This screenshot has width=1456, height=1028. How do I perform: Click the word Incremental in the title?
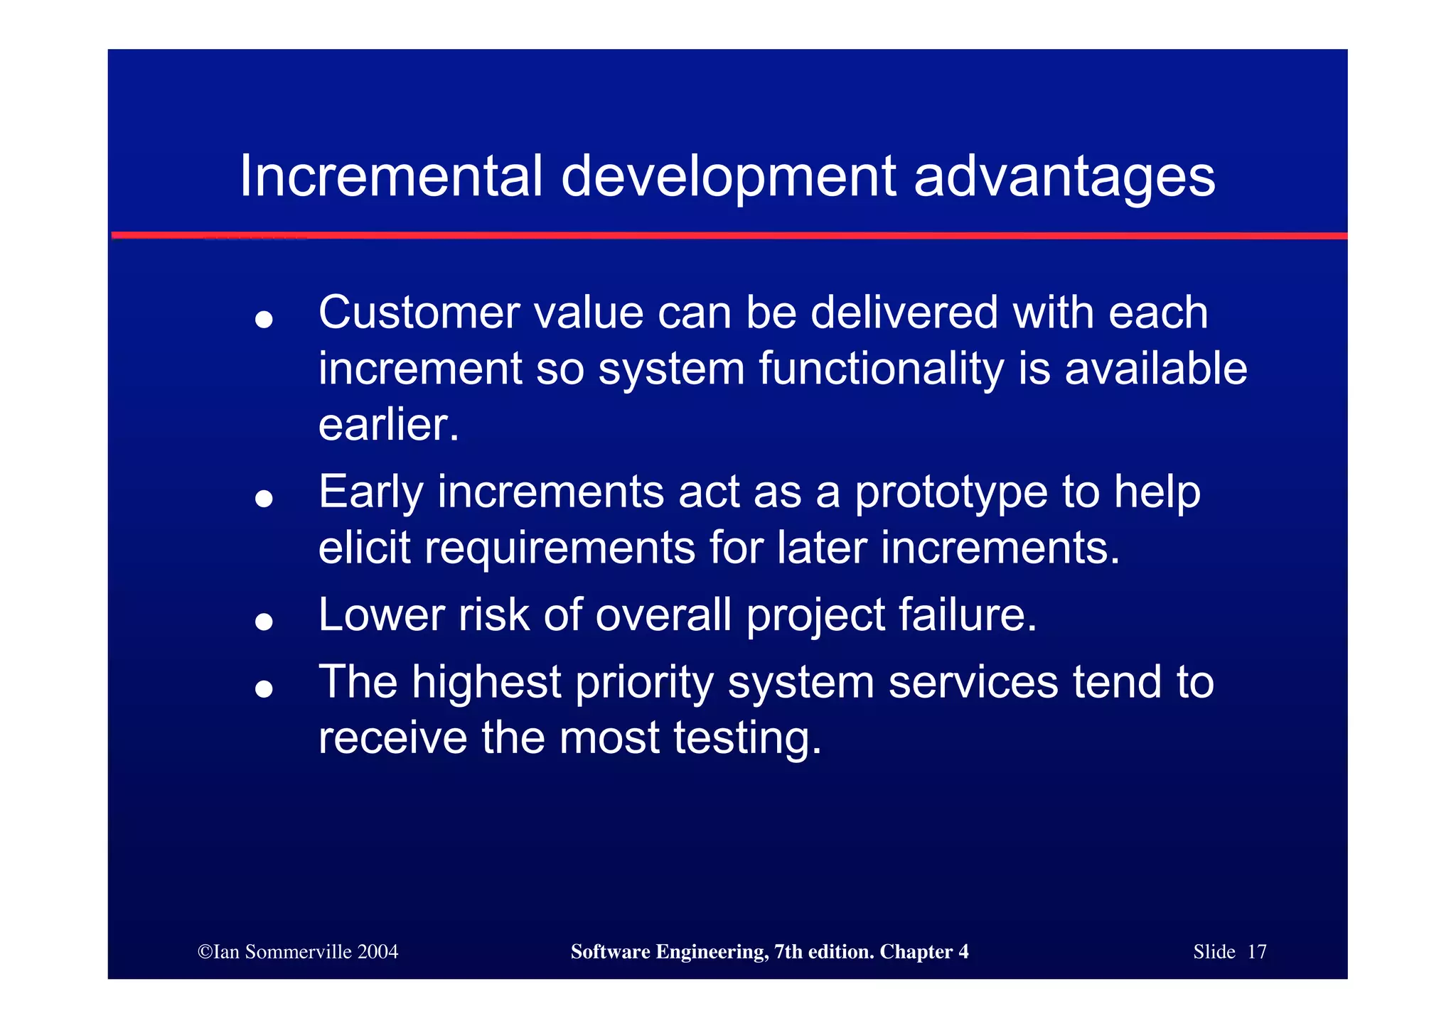pyautogui.click(x=390, y=176)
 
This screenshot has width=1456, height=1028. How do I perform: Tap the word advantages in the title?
pyautogui.click(x=1064, y=178)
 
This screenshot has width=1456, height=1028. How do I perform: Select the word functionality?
pyautogui.click(x=882, y=369)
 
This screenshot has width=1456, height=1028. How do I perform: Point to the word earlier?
pyautogui.click(x=388, y=425)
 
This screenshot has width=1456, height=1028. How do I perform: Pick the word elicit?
pyautogui.click(x=364, y=548)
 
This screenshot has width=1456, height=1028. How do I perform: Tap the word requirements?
pyautogui.click(x=560, y=549)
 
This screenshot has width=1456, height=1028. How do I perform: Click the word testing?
pyautogui.click(x=746, y=739)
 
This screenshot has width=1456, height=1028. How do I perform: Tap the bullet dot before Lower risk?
pyautogui.click(x=264, y=622)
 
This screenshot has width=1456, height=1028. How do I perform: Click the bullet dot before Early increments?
pyautogui.click(x=264, y=499)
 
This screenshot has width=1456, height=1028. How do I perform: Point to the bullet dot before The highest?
pyautogui.click(x=264, y=688)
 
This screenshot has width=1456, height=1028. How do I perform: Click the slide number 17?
pyautogui.click(x=1256, y=952)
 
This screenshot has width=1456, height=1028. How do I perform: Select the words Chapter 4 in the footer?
pyautogui.click(x=924, y=952)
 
